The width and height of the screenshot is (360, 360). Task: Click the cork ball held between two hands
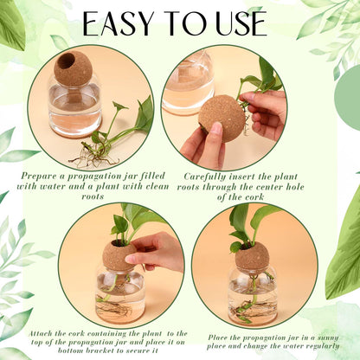pos(222,119)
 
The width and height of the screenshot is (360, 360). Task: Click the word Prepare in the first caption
pos(42,177)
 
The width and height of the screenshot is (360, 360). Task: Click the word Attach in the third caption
pos(41,334)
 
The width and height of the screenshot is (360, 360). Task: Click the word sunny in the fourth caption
pos(328,337)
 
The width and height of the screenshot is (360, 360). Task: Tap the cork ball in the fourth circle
pos(252,258)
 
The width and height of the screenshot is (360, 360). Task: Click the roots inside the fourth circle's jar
pos(245,311)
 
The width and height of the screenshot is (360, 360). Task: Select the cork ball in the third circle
pos(119,256)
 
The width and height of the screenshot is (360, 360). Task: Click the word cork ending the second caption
pos(253,197)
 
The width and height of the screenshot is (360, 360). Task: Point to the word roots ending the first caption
pos(93,196)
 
